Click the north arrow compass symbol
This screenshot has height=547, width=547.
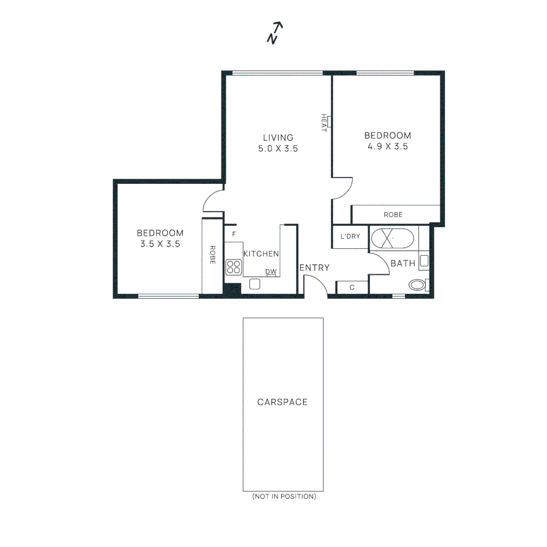coord(275,33)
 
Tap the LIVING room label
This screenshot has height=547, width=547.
coord(278,137)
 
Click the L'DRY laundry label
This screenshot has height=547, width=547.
coord(350,237)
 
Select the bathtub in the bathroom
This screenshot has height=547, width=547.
coord(393,238)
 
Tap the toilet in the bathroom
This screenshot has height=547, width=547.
coord(419,285)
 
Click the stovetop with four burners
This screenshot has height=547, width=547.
coord(233,266)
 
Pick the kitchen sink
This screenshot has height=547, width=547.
coord(255,284)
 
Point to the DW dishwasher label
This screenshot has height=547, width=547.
coord(271,272)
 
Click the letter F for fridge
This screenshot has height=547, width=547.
coord(233,235)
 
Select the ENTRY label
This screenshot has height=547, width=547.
coord(315,268)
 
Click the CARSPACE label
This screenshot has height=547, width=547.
coord(282,402)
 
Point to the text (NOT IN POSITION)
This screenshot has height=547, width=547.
coord(284,497)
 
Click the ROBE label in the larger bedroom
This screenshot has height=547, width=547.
coord(393,215)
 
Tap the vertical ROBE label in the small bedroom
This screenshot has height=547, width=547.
coord(212,255)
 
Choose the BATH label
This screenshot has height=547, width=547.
coord(403,263)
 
